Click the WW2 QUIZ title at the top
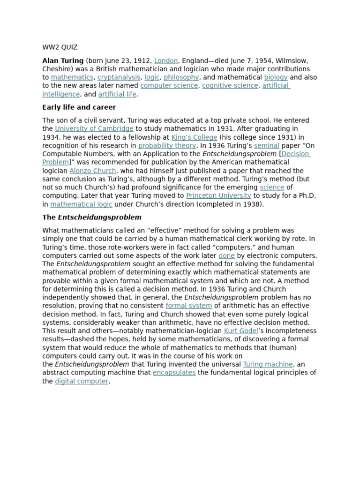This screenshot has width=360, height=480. (x=60, y=47)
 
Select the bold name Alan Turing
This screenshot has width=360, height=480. (x=63, y=60)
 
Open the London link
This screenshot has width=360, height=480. (x=166, y=60)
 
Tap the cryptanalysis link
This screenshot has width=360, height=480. (x=119, y=77)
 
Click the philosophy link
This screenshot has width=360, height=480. (x=181, y=77)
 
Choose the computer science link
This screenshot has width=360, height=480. (x=169, y=86)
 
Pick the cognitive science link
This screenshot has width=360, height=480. (x=230, y=86)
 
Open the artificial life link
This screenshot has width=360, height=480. (x=117, y=94)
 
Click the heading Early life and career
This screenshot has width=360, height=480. (x=79, y=107)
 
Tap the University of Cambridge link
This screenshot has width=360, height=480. (x=94, y=129)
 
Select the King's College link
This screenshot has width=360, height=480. (x=194, y=137)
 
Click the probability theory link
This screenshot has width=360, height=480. (x=167, y=146)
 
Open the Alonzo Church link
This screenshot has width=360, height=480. (x=93, y=171)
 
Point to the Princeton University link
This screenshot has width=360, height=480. (x=218, y=196)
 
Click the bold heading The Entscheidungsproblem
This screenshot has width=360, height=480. (x=92, y=217)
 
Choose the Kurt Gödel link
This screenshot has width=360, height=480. (x=241, y=331)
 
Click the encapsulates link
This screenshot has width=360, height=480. (x=174, y=373)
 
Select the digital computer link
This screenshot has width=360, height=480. (x=82, y=381)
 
